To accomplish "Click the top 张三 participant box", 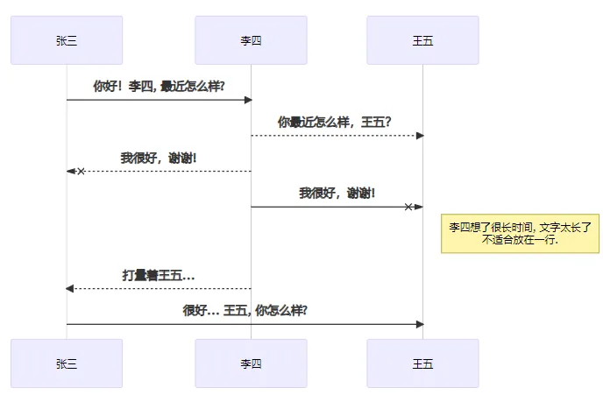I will click(x=67, y=39).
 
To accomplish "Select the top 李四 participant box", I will click(x=251, y=39).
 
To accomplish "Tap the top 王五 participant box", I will click(x=422, y=39).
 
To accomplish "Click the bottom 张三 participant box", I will click(x=67, y=363).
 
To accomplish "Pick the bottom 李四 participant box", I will click(x=251, y=363).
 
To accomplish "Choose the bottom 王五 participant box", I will click(x=422, y=363).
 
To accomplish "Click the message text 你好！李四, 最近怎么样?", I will click(x=159, y=86).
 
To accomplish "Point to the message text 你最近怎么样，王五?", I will click(x=334, y=122).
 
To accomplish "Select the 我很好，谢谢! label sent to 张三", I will click(x=159, y=158).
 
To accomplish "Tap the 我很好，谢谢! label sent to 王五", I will click(x=337, y=193).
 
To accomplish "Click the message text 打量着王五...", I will click(x=158, y=275).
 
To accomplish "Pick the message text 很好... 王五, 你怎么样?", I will click(x=245, y=310).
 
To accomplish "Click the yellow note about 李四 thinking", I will click(x=520, y=233).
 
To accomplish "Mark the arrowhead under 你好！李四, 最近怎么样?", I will click(x=248, y=100).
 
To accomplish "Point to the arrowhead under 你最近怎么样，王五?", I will click(x=420, y=136).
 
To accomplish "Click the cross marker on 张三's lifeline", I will click(x=81, y=172).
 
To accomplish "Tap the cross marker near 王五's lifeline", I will click(x=408, y=207).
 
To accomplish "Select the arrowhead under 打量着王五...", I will click(x=70, y=288).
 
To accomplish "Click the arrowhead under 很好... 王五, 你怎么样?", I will click(x=420, y=324).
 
